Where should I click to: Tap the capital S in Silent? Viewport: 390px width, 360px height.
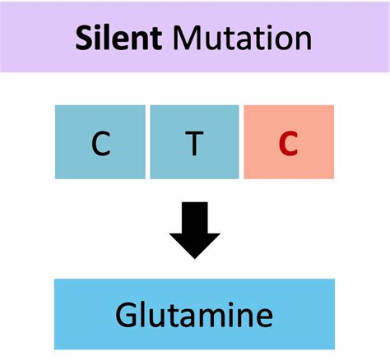tap(83, 38)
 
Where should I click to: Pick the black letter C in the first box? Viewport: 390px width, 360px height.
tap(100, 144)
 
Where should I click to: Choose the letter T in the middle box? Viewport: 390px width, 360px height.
tap(194, 144)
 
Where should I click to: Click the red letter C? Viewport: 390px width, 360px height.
tap(288, 144)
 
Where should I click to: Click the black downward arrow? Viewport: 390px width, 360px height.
tap(195, 230)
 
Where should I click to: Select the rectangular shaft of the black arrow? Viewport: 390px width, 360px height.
tap(195, 215)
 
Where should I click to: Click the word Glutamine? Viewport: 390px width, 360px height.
tap(194, 316)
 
